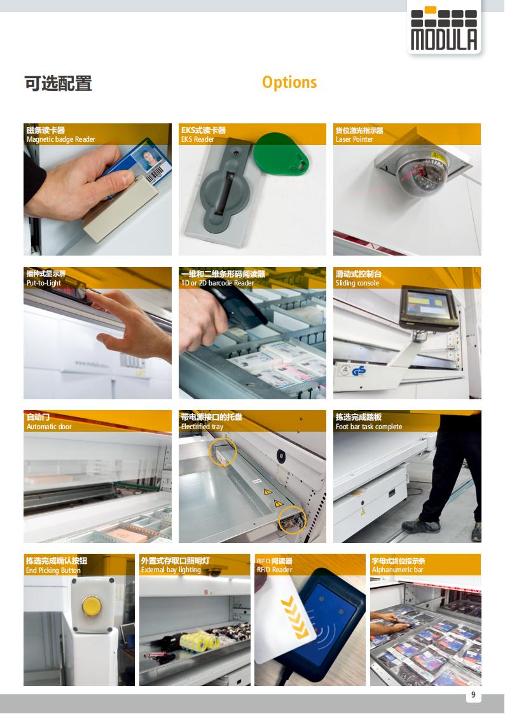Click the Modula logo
(x=444, y=28)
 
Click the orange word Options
(x=289, y=83)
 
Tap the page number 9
(x=473, y=694)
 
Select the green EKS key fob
(x=280, y=154)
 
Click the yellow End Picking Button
(x=92, y=606)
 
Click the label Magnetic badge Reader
(x=61, y=139)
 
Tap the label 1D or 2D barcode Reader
(x=218, y=283)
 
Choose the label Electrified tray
(x=202, y=427)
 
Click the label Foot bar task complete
(x=369, y=427)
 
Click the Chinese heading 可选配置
(x=59, y=84)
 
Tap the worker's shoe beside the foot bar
(x=421, y=526)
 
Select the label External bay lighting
(x=170, y=570)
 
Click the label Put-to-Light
(x=44, y=283)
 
